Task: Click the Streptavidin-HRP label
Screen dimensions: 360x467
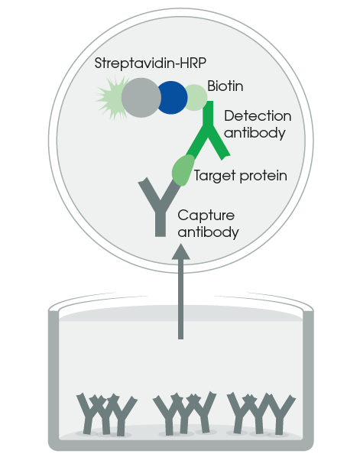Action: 151,63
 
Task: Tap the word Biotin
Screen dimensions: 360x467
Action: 225,86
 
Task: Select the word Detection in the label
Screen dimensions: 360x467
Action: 258,116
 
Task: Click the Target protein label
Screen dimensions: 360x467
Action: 240,176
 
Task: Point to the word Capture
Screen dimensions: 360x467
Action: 206,216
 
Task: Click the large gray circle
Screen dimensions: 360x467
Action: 141,98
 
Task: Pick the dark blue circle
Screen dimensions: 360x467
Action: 173,98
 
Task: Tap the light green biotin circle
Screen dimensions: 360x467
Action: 196,97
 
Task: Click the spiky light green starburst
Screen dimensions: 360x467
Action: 110,97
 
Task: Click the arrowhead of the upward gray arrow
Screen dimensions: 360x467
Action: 180,251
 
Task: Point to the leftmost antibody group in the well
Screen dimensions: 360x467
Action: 105,414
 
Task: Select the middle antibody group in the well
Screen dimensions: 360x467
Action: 184,413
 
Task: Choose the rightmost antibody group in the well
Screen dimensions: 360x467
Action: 261,413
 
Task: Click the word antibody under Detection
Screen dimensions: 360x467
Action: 255,133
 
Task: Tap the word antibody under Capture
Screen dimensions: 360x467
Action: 208,232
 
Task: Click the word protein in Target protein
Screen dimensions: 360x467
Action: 264,176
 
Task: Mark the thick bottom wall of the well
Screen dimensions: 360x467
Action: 180,446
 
